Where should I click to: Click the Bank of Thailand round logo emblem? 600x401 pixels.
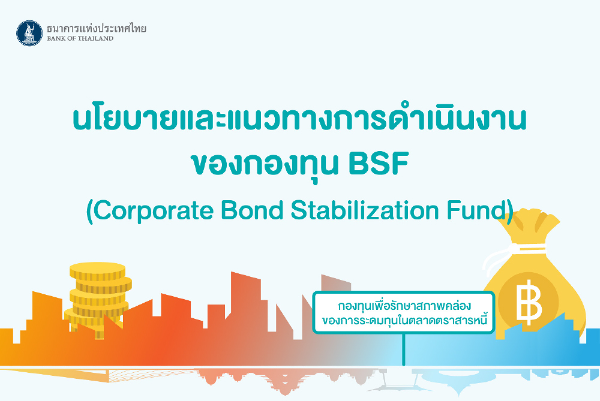(x=29, y=33)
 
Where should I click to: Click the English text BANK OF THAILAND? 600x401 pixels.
(x=80, y=38)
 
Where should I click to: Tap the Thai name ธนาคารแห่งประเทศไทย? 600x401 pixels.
(x=97, y=28)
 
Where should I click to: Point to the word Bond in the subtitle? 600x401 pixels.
(x=252, y=210)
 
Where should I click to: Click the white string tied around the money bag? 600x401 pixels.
(x=509, y=252)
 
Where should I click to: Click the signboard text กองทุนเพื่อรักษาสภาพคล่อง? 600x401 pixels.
(x=404, y=306)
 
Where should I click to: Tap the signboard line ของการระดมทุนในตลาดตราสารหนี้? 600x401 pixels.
(x=404, y=319)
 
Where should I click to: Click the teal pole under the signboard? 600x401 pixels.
(x=404, y=349)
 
